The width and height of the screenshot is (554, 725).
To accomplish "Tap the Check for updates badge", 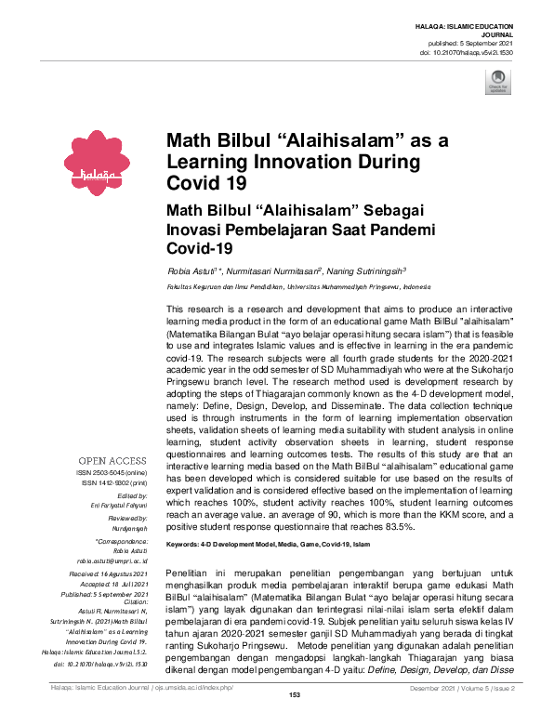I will point(497,81).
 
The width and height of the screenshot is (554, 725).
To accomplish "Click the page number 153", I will point(295,720).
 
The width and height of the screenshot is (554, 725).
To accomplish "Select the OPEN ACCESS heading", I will point(112,461).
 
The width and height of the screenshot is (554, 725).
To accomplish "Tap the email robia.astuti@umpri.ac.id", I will point(112,561).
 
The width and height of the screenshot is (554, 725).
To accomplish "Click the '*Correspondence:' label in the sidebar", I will point(121,541).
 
